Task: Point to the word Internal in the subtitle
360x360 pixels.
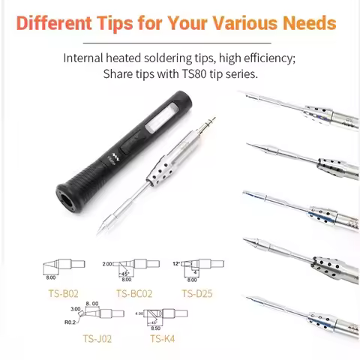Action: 85,58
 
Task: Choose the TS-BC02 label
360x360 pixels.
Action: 133,293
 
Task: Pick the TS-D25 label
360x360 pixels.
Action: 196,293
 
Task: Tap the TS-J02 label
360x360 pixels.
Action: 99,338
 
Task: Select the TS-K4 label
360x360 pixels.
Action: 161,338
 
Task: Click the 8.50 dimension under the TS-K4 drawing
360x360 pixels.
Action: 156,327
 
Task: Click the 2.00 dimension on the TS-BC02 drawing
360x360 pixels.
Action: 107,264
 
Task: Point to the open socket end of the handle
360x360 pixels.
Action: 61,198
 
